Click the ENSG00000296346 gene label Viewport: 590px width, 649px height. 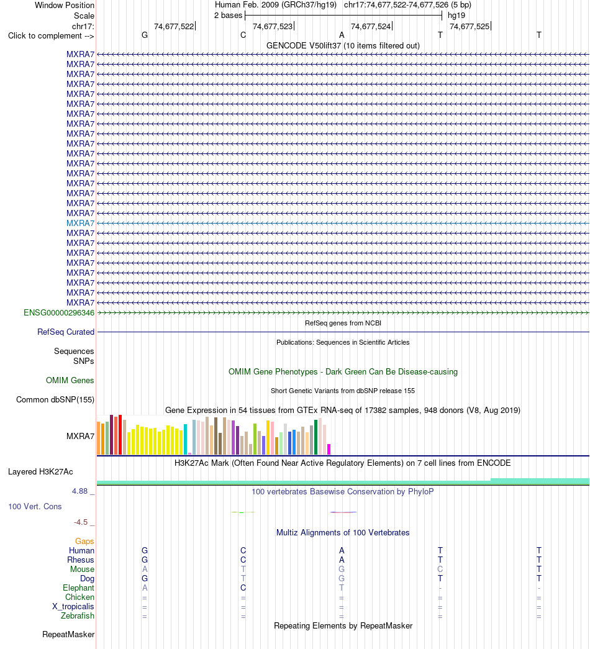(x=59, y=313)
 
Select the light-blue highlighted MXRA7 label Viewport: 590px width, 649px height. (x=80, y=223)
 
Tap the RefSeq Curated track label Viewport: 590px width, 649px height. (x=66, y=332)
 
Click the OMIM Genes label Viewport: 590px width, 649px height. (x=70, y=380)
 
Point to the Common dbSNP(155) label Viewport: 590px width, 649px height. (x=55, y=400)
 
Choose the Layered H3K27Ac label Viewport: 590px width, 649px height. (x=40, y=472)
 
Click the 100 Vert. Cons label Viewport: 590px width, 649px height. (x=35, y=507)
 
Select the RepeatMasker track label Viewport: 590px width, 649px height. (x=68, y=635)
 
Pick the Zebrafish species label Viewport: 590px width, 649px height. (x=78, y=616)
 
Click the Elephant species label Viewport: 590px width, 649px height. (x=78, y=588)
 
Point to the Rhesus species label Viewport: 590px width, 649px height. (x=81, y=560)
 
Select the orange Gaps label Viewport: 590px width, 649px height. (x=84, y=542)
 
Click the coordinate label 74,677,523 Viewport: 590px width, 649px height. (x=273, y=27)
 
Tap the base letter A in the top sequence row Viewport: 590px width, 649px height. (x=342, y=35)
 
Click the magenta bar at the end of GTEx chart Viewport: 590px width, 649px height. (x=329, y=450)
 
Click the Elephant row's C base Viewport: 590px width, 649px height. (x=243, y=588)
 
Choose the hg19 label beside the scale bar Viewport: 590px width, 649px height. (x=456, y=16)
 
